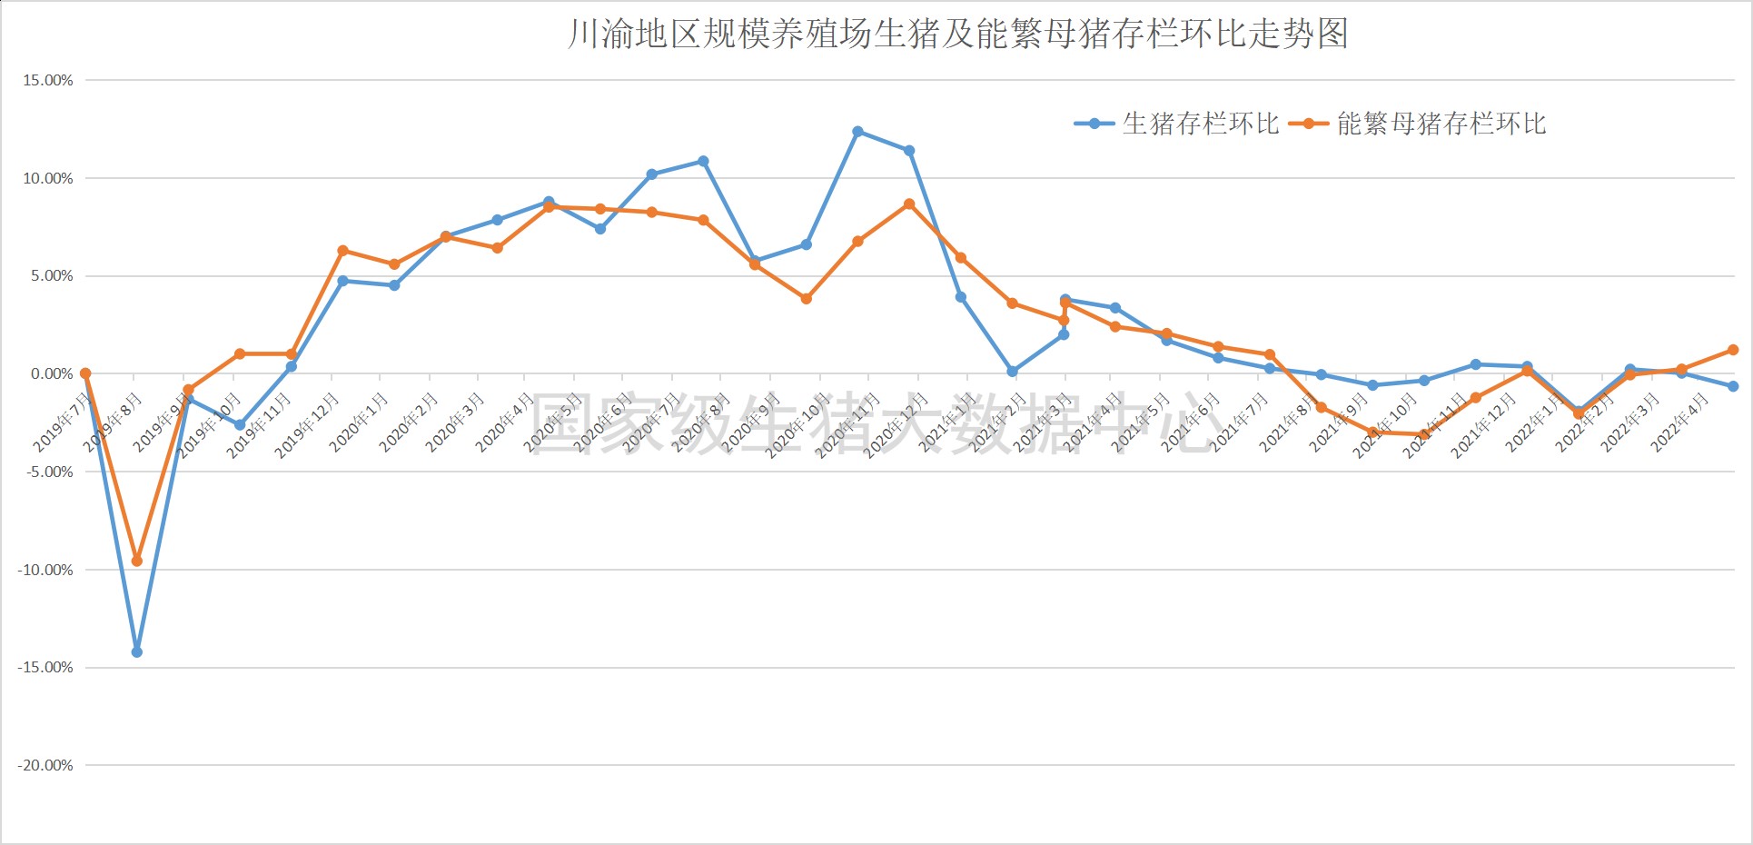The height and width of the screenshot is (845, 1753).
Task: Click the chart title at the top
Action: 958,34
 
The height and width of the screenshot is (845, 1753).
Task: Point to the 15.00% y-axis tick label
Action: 48,81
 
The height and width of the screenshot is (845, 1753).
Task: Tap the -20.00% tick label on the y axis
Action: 45,766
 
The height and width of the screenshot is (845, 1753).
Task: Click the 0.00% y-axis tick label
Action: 52,374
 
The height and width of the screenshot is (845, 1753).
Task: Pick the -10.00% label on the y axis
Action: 45,571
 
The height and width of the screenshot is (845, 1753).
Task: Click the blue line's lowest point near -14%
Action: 137,652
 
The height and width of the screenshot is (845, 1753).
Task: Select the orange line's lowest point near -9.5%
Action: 137,562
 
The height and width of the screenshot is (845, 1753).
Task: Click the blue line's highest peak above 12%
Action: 857,132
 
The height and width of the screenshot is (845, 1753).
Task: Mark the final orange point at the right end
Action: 1733,350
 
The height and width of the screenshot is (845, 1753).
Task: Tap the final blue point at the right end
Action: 1733,386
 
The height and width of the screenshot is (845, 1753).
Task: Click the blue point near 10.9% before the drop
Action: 703,162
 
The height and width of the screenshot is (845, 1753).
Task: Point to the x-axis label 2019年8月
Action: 114,422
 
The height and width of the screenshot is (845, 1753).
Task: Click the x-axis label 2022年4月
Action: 1679,422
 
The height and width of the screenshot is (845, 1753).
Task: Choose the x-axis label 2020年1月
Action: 359,422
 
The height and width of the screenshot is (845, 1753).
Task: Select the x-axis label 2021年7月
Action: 1239,422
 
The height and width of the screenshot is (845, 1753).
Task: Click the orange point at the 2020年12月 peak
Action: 909,204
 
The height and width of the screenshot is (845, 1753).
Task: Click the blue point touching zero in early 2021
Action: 1012,372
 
